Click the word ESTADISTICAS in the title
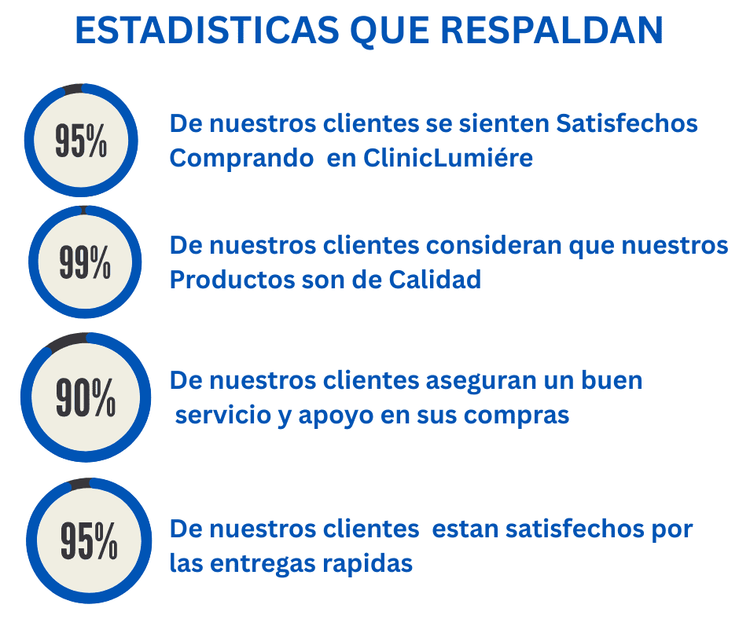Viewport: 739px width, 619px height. coord(208,31)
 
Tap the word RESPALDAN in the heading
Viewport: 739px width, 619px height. coord(552,31)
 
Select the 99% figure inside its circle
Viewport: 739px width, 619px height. coord(85,262)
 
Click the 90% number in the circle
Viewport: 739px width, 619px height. coord(86,397)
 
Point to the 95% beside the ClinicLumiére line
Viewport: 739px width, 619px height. coord(81,141)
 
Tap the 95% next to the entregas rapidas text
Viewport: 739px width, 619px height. coord(89,540)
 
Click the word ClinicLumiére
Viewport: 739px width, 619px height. coord(448,158)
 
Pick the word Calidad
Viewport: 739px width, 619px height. coord(435,280)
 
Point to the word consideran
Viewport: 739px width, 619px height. coord(494,245)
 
